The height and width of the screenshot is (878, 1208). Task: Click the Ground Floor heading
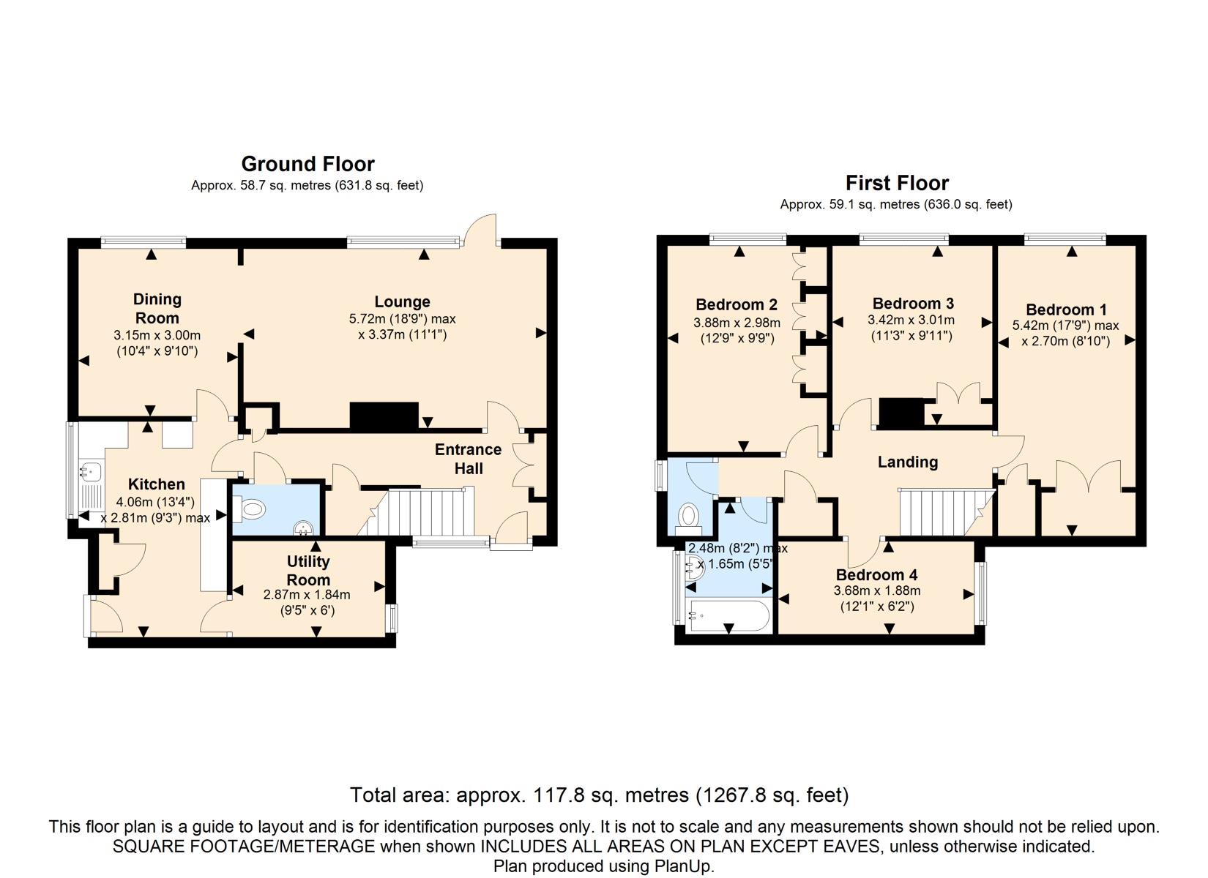(x=308, y=164)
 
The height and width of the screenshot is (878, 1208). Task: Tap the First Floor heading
(x=897, y=183)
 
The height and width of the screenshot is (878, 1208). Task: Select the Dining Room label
(x=157, y=308)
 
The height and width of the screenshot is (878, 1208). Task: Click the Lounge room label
(x=403, y=302)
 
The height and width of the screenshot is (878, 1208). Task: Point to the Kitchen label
(x=157, y=484)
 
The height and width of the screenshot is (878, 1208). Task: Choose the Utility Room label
(x=308, y=570)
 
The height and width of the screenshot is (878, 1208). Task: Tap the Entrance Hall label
(x=468, y=459)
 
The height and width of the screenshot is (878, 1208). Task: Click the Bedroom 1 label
(x=1066, y=310)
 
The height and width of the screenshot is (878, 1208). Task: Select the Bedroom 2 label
(x=736, y=305)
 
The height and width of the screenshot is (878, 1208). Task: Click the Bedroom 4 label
(x=876, y=574)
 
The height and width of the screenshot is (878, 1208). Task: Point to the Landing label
(x=908, y=462)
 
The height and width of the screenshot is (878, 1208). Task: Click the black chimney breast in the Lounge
(x=384, y=416)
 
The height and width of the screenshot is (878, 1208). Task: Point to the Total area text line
(x=600, y=795)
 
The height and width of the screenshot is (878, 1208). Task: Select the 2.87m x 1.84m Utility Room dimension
(x=307, y=595)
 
